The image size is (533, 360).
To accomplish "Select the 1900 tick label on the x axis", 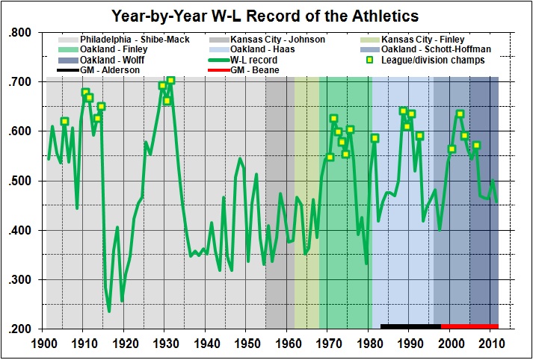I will [x=45, y=344].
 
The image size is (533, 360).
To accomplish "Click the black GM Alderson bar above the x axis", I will [x=410, y=326].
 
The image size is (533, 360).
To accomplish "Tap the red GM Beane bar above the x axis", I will [x=469, y=326].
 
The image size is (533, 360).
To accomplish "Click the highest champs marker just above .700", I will [x=170, y=80].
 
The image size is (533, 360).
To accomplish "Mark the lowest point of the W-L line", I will [x=109, y=311].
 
